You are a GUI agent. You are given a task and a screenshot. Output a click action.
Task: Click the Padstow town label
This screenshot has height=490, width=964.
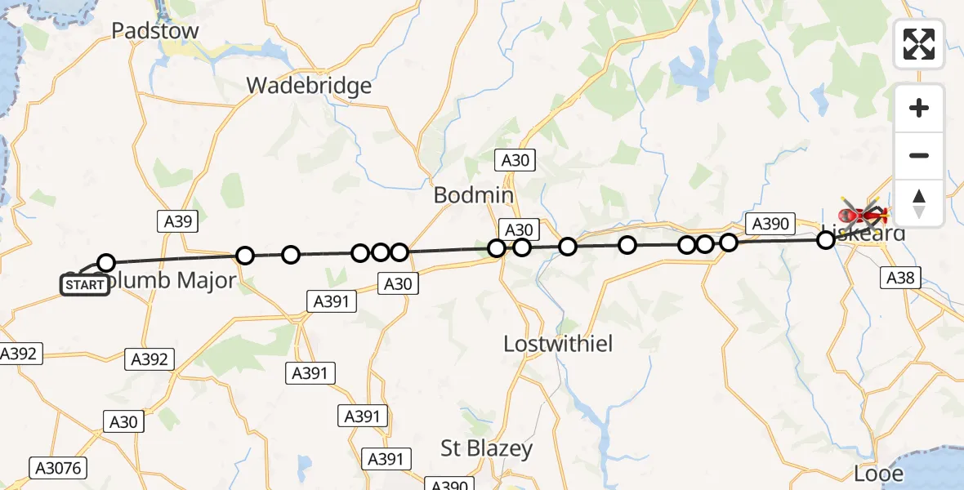point(155,31)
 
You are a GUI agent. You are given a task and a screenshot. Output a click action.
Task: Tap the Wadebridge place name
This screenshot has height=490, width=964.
point(309,86)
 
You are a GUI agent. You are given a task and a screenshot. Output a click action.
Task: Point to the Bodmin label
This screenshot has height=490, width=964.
point(474,195)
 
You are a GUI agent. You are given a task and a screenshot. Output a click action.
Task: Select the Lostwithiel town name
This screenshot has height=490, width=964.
point(558,343)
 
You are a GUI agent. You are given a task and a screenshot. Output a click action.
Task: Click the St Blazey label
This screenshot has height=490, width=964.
point(486,448)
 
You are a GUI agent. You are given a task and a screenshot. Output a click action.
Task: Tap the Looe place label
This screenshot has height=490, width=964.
point(878,474)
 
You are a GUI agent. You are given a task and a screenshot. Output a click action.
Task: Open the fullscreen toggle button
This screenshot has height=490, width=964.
point(919,44)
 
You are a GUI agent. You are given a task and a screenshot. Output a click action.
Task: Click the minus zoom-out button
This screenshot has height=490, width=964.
point(919,155)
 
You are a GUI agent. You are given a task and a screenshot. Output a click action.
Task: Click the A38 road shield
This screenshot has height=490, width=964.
point(901,278)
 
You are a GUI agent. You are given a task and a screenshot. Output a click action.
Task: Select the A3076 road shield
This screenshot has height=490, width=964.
point(59,468)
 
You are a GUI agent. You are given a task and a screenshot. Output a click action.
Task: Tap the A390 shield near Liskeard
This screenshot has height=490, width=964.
point(769,224)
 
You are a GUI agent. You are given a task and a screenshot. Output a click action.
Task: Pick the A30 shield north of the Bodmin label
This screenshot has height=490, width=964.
point(515,160)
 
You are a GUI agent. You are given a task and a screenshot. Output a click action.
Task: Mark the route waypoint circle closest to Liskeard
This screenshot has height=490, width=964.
point(826,239)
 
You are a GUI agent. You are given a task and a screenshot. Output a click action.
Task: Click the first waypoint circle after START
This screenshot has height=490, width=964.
point(106,262)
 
